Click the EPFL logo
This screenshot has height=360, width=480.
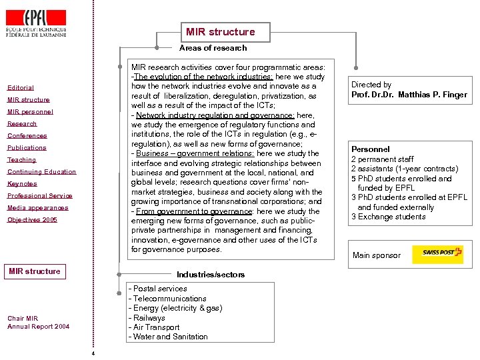[36, 21]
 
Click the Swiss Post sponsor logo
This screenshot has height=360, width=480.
[437, 255]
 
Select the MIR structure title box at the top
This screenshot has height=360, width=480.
[221, 32]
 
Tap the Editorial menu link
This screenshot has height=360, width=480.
[21, 88]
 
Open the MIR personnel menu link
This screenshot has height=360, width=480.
[30, 112]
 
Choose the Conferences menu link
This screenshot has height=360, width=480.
[27, 136]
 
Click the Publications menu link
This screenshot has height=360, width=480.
[27, 148]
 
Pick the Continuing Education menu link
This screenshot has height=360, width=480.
[42, 172]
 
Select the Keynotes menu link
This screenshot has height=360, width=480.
[22, 184]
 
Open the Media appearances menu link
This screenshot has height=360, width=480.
[37, 208]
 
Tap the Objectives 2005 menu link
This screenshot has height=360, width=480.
[32, 220]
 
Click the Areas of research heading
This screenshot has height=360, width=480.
[213, 48]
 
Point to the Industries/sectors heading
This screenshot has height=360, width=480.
[211, 275]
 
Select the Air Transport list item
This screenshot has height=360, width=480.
[157, 327]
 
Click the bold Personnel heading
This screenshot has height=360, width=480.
[371, 149]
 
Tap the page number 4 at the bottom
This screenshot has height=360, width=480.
[93, 353]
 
